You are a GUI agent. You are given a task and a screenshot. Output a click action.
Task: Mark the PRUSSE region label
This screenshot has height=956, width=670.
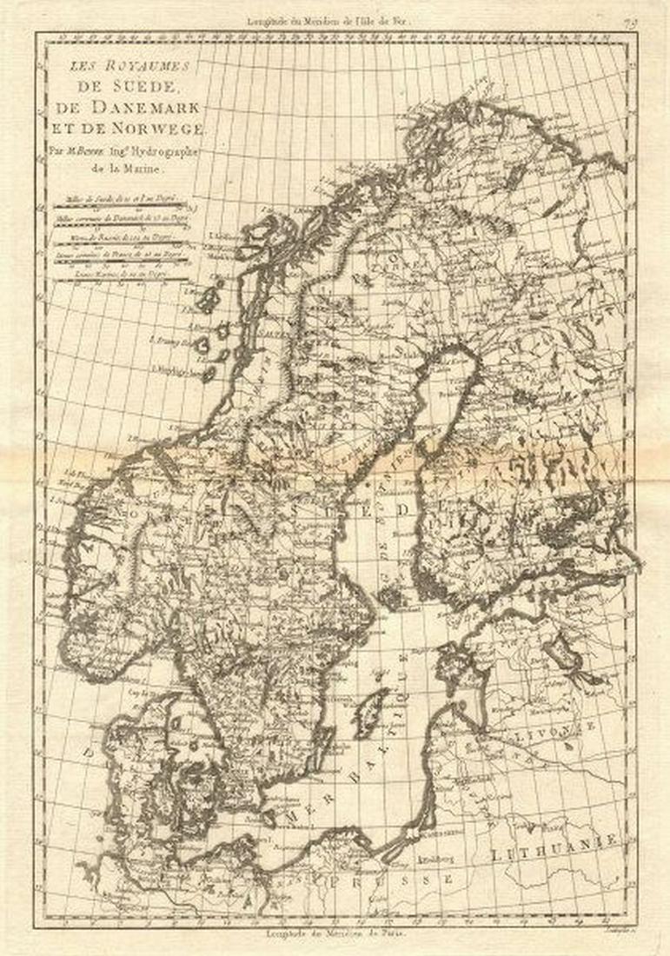pyautogui.click(x=408, y=880)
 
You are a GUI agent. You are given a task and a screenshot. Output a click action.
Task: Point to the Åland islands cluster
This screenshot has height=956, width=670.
pyautogui.click(x=393, y=597)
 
